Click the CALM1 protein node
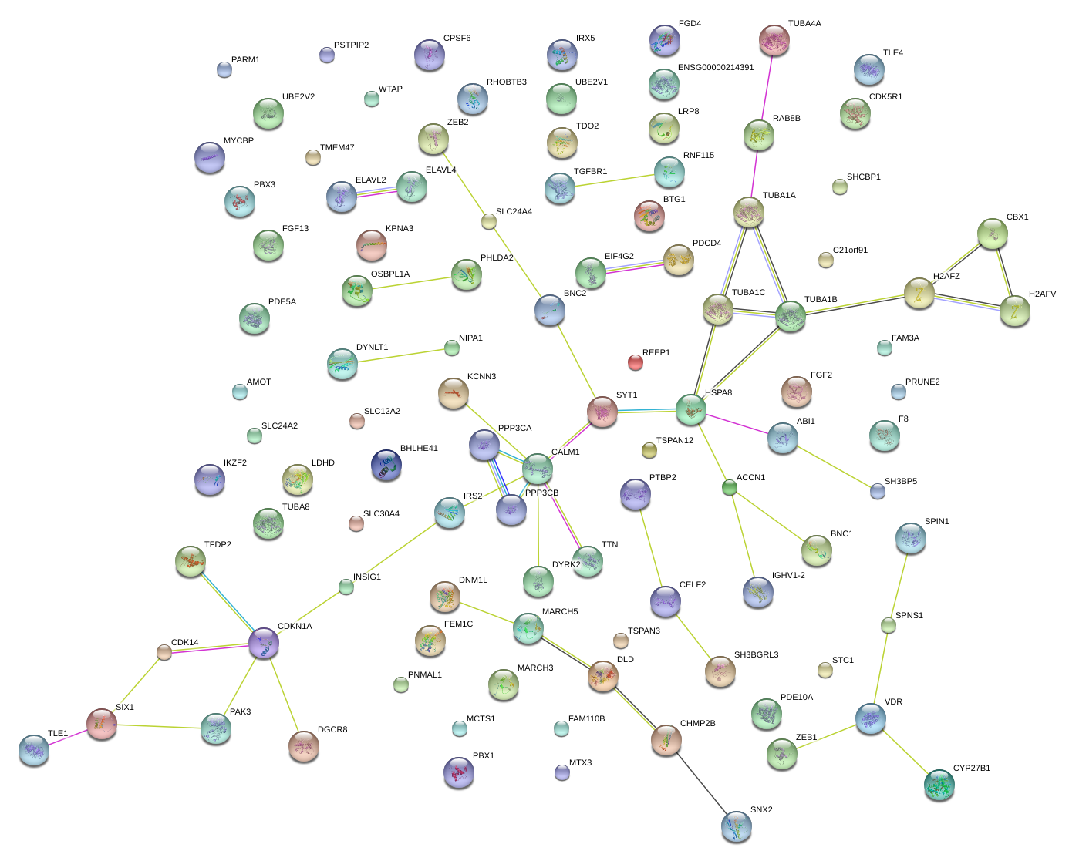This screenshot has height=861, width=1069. [x=538, y=468]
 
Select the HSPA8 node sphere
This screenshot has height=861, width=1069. [x=690, y=409]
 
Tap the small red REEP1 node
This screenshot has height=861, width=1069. [x=635, y=362]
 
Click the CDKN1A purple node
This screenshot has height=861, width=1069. [x=263, y=643]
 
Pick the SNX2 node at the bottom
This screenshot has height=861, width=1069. [x=736, y=826]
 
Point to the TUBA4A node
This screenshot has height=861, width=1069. [x=774, y=40]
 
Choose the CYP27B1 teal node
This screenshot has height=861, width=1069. [x=939, y=785]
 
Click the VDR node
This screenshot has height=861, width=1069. [x=870, y=718]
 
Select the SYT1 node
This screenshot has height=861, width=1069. [x=602, y=412]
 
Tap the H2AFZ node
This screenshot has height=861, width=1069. [x=919, y=294]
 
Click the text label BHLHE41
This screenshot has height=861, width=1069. [x=419, y=449]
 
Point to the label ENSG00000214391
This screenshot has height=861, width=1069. [x=715, y=68]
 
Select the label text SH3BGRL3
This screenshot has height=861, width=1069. [x=756, y=655]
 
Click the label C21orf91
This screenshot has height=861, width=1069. [x=850, y=251]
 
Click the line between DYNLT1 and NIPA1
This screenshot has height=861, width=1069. [x=397, y=356]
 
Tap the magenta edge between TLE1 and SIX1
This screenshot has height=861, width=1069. [x=68, y=737]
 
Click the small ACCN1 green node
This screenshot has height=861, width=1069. [x=729, y=487]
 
